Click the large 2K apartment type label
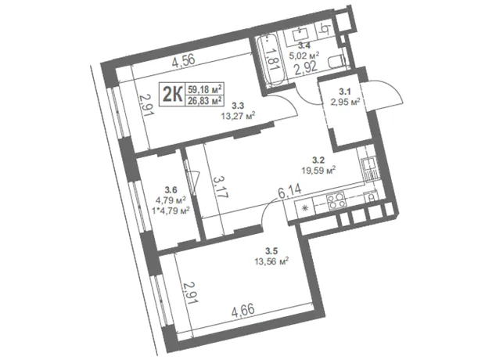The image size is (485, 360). pyautogui.click(x=172, y=94)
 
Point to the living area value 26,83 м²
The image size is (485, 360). pyautogui.click(x=205, y=100)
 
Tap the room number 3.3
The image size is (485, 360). pyautogui.click(x=238, y=106)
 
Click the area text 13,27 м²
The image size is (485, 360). pyautogui.click(x=238, y=116)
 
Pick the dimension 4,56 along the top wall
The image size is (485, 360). pyautogui.click(x=185, y=61)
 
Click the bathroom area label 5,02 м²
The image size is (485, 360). pyautogui.click(x=304, y=56)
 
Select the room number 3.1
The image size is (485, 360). pyautogui.click(x=344, y=92)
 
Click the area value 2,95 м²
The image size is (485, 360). pyautogui.click(x=345, y=101)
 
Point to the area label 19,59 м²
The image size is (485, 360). pyautogui.click(x=318, y=170)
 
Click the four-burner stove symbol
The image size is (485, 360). pyautogui.click(x=336, y=200)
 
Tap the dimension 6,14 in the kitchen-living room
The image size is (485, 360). pyautogui.click(x=289, y=193)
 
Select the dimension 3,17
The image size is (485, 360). pyautogui.click(x=221, y=187)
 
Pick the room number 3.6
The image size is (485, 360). pyautogui.click(x=171, y=189)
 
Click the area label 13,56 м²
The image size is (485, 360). pyautogui.click(x=271, y=261)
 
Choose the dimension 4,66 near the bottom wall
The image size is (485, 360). pyautogui.click(x=243, y=310)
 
